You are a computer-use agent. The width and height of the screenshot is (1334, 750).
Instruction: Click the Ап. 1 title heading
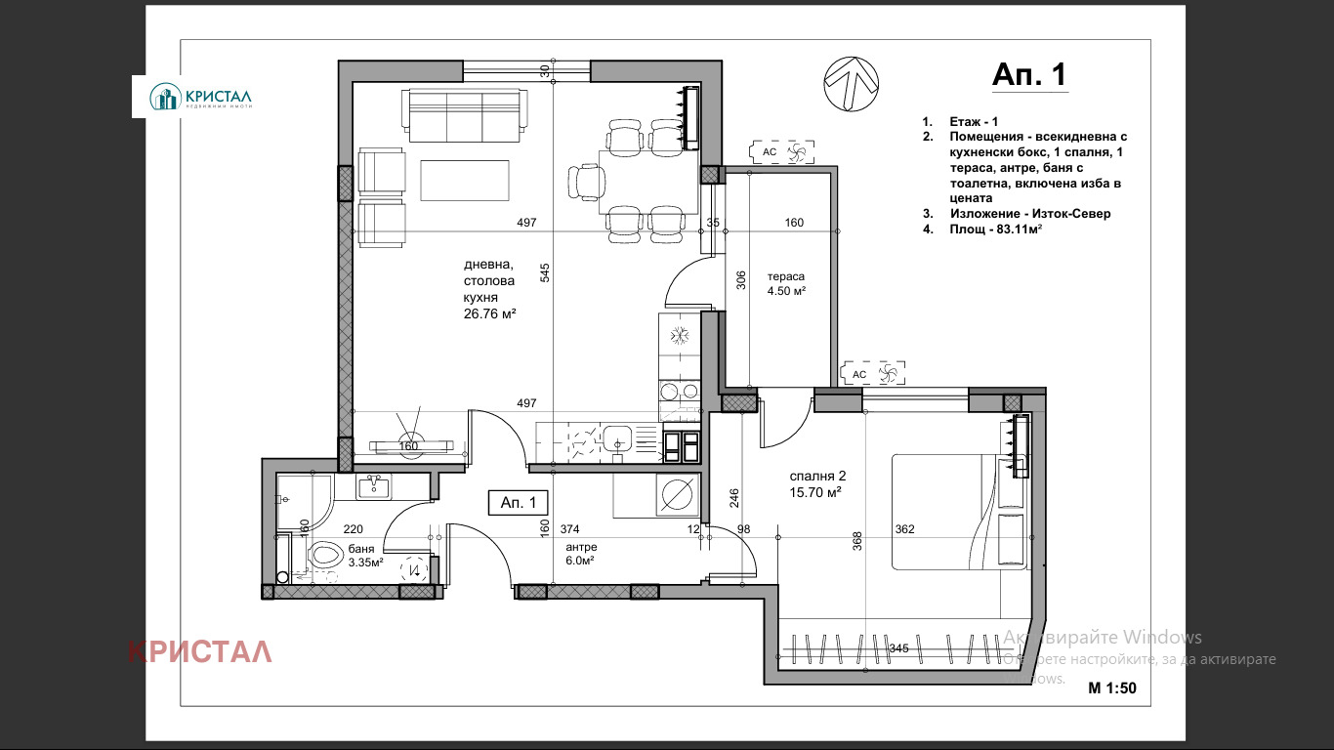1028,75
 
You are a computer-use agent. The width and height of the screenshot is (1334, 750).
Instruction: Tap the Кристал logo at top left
201,97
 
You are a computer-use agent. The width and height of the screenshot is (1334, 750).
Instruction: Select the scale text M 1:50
1112,687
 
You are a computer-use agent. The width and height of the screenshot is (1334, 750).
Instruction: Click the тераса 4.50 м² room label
785,283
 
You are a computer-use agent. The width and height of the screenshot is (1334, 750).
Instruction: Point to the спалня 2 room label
816,484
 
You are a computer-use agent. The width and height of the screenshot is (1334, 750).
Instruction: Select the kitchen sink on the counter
617,437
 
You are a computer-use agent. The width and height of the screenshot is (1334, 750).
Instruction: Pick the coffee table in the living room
465,181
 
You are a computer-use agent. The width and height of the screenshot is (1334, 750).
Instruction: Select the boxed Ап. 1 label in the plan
518,502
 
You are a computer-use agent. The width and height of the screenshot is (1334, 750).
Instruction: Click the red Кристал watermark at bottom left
199,651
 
